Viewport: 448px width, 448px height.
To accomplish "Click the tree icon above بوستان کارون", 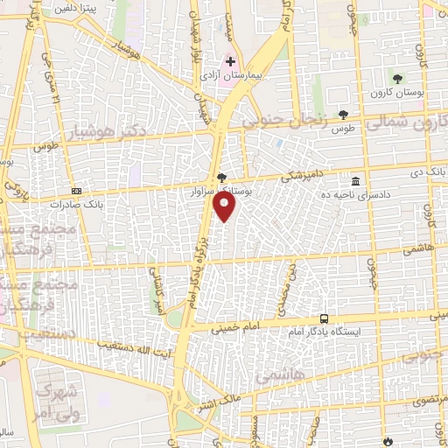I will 399,79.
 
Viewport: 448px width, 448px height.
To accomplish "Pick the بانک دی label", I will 428,171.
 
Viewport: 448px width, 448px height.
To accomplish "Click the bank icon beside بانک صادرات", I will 76,191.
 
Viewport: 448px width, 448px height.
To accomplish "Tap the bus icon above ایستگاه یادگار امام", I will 325,318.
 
